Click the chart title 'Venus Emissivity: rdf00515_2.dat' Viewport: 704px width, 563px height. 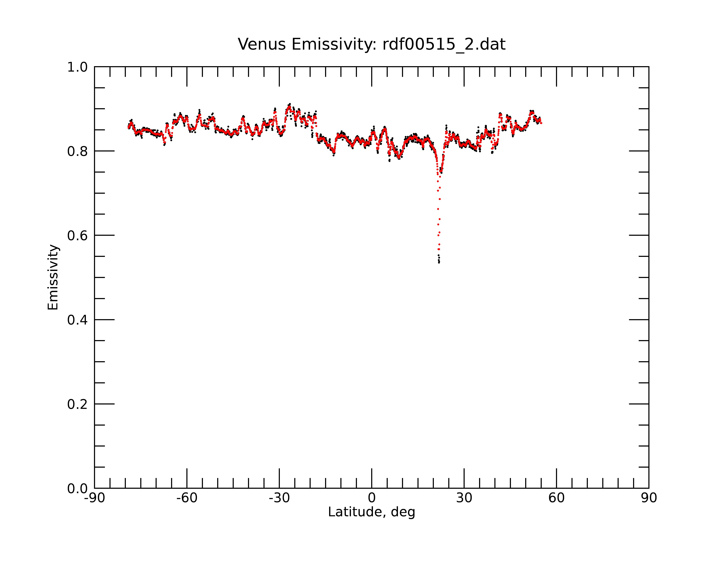pyautogui.click(x=372, y=44)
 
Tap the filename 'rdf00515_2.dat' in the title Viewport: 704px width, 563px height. pyautogui.click(x=444, y=44)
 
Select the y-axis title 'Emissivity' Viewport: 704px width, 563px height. pyautogui.click(x=53, y=277)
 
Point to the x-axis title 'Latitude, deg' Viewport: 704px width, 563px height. pyautogui.click(x=372, y=512)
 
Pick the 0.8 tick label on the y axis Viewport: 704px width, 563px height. pyautogui.click(x=77, y=151)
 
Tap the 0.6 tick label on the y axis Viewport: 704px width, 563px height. pyautogui.click(x=77, y=236)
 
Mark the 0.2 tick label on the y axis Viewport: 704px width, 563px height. pyautogui.click(x=77, y=404)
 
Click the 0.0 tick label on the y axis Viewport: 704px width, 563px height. pyautogui.click(x=77, y=489)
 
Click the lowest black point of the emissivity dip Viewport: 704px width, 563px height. pyautogui.click(x=439, y=262)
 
